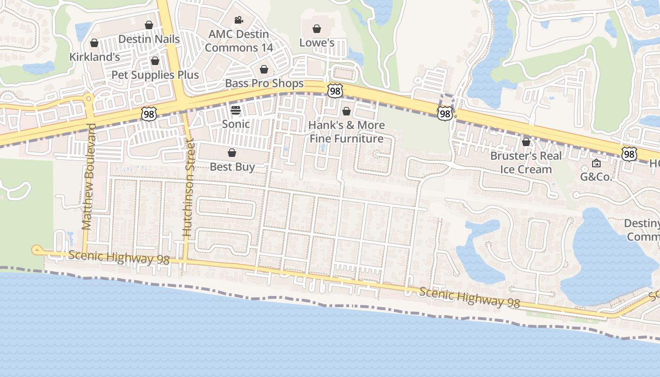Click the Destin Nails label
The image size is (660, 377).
click(x=149, y=39)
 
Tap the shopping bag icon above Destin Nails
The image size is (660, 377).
click(x=149, y=25)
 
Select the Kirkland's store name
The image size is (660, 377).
click(x=95, y=57)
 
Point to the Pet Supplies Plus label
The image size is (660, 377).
click(x=155, y=75)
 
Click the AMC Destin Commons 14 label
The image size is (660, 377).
click(x=239, y=41)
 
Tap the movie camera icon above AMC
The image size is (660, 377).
click(x=239, y=20)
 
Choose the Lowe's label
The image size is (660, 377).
click(x=317, y=43)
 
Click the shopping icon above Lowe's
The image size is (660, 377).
click(x=317, y=29)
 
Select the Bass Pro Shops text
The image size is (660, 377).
click(x=264, y=83)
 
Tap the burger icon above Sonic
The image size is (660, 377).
click(x=236, y=110)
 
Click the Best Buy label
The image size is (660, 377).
click(x=232, y=167)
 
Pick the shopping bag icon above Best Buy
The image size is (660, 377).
click(x=232, y=153)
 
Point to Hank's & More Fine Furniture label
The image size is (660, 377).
click(x=346, y=132)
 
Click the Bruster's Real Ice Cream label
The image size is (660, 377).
click(x=526, y=163)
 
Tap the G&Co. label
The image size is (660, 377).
click(x=596, y=177)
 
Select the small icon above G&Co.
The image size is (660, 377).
click(x=596, y=164)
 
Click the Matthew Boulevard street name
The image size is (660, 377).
click(x=88, y=177)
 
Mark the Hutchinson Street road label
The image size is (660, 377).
click(x=188, y=188)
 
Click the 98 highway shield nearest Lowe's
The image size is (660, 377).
click(x=335, y=91)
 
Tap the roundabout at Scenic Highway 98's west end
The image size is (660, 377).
click(x=36, y=250)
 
